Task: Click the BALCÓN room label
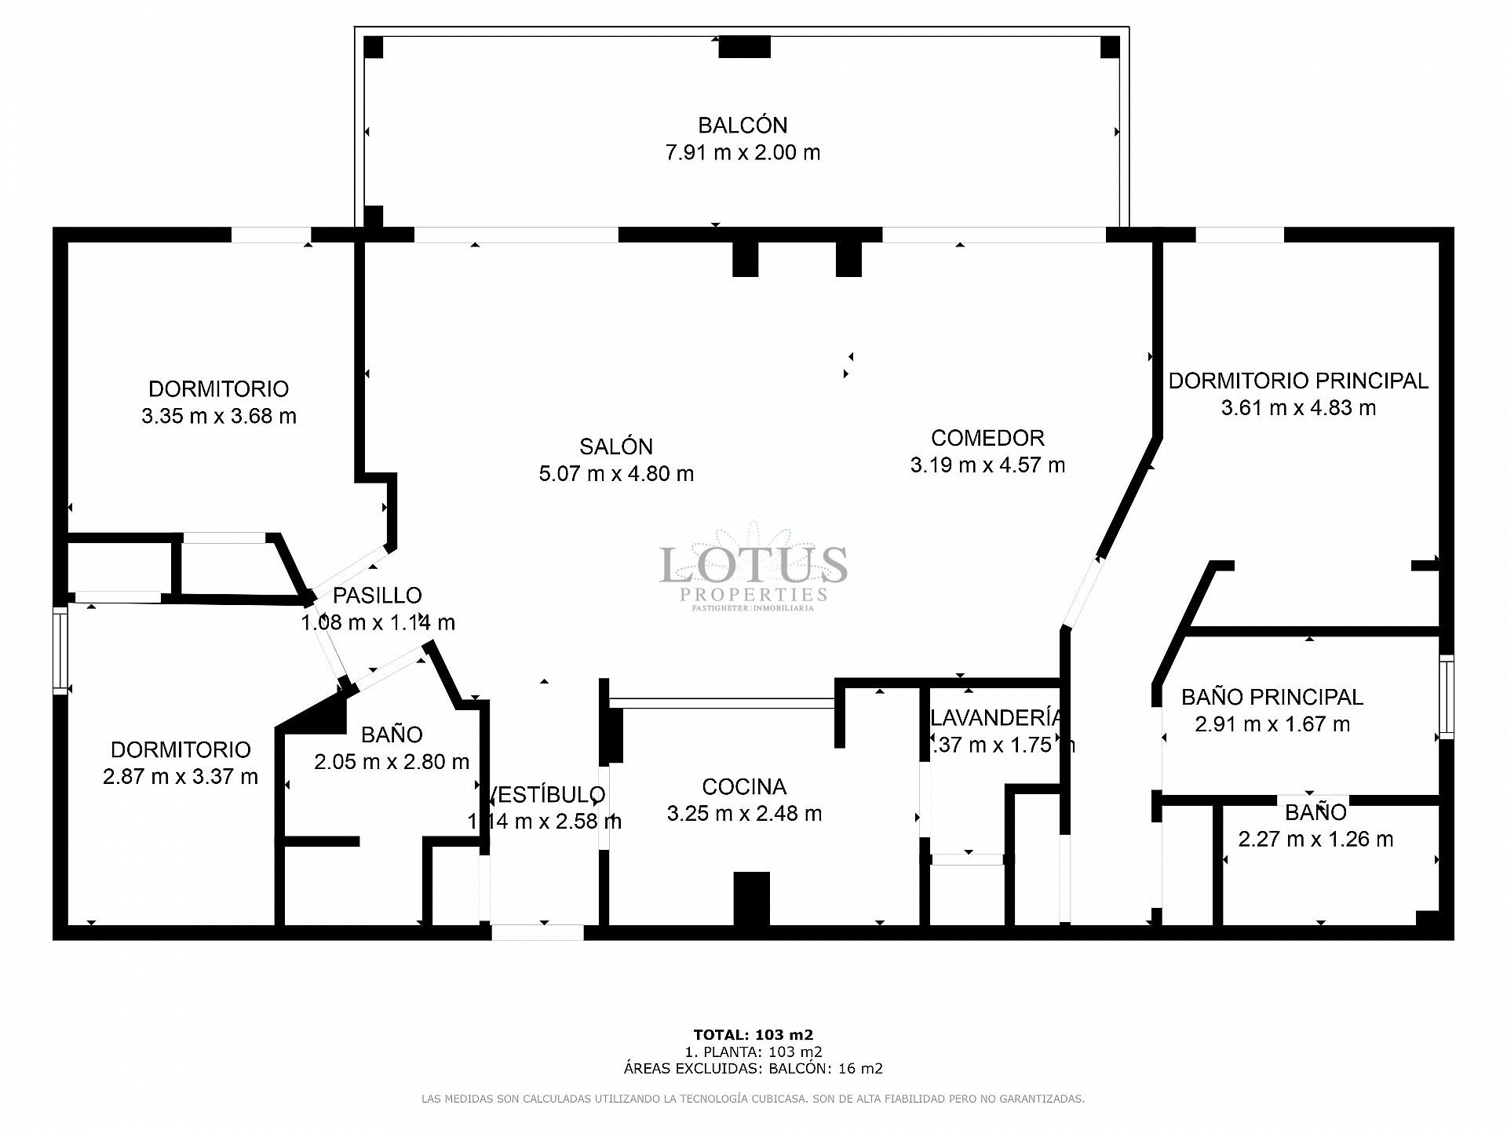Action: [x=743, y=126]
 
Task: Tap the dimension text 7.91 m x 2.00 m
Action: [x=743, y=152]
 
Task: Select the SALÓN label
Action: [x=616, y=447]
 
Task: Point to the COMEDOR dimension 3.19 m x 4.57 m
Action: [x=987, y=465]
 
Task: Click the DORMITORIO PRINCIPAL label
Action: [x=1298, y=381]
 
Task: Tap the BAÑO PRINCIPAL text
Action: [x=1272, y=697]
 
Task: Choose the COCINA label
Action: [x=744, y=786]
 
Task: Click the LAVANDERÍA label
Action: [x=995, y=717]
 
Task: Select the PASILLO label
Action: [x=377, y=596]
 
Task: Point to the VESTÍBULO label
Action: [x=546, y=795]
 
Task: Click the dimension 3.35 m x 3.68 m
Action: [x=219, y=416]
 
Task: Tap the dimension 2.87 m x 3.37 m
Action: [x=181, y=776]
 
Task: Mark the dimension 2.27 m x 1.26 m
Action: [x=1315, y=839]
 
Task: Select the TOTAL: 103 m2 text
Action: [x=753, y=1034]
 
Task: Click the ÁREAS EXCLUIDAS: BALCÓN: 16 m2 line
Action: [x=753, y=1068]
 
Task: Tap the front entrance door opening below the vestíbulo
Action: [x=538, y=932]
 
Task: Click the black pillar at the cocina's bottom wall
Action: [x=751, y=899]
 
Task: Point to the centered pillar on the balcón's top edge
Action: [x=744, y=47]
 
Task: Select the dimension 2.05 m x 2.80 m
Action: [x=392, y=761]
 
